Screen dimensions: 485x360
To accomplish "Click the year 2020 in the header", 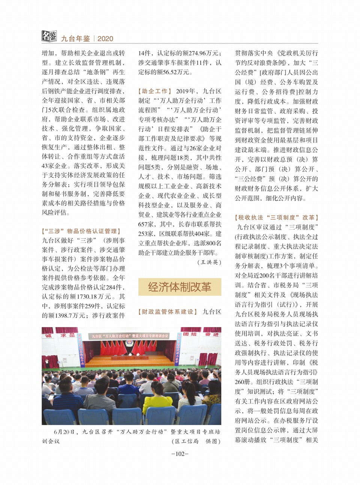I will click(105, 39).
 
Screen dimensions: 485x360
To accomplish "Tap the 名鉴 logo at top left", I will click(49, 36).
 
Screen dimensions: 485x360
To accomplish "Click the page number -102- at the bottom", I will click(180, 454).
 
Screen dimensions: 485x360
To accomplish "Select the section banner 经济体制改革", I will click(180, 287).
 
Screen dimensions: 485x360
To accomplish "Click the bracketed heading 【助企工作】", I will click(155, 91).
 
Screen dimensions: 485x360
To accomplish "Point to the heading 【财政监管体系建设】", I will click(168, 312).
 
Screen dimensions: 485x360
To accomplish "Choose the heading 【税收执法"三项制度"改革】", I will click(276, 218).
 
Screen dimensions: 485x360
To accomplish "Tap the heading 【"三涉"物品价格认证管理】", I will click(81, 231).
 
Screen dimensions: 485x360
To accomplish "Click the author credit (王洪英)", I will click(209, 262).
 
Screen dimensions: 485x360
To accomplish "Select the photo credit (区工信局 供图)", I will click(196, 441).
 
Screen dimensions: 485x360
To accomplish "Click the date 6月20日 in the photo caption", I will click(64, 432).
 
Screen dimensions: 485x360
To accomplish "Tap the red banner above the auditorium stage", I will click(130, 336).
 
